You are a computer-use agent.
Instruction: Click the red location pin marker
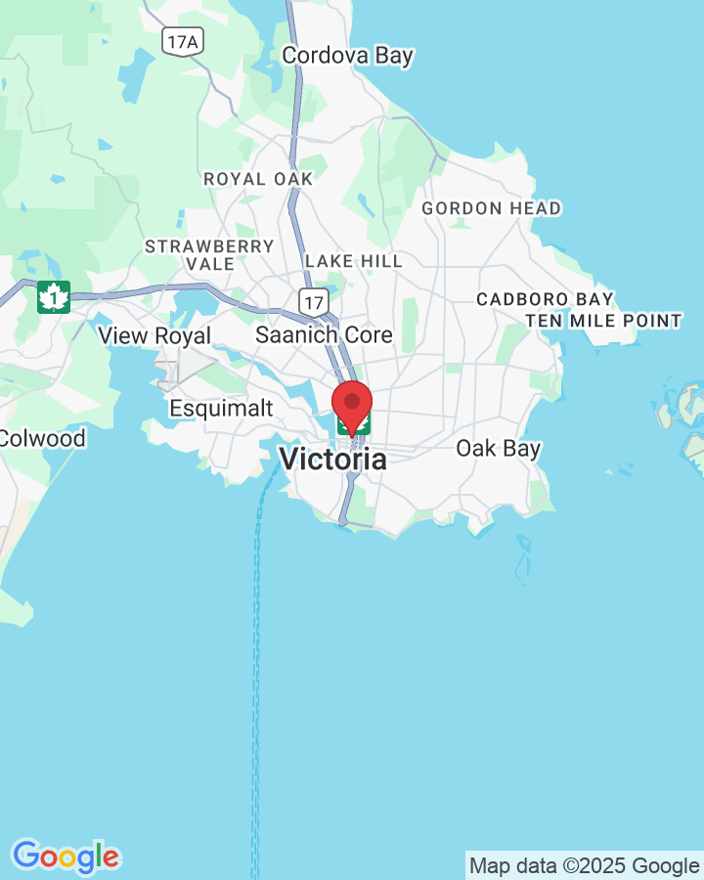352,403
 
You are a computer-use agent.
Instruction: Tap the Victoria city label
332,459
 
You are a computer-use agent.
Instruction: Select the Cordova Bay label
347,56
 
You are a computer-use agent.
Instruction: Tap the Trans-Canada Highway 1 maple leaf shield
54,296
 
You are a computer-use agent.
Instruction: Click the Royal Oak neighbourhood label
258,179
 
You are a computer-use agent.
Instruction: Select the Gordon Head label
491,208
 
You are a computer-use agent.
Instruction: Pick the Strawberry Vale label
209,254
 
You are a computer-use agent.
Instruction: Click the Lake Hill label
353,261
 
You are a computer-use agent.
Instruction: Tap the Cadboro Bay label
545,299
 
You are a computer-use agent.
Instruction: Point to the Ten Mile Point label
603,321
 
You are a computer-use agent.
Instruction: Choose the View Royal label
154,335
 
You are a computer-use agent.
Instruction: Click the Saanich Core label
324,334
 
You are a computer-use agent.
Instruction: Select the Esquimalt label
221,408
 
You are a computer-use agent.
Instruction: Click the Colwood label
42,437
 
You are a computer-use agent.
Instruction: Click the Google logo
66,858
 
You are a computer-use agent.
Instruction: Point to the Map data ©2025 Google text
584,865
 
